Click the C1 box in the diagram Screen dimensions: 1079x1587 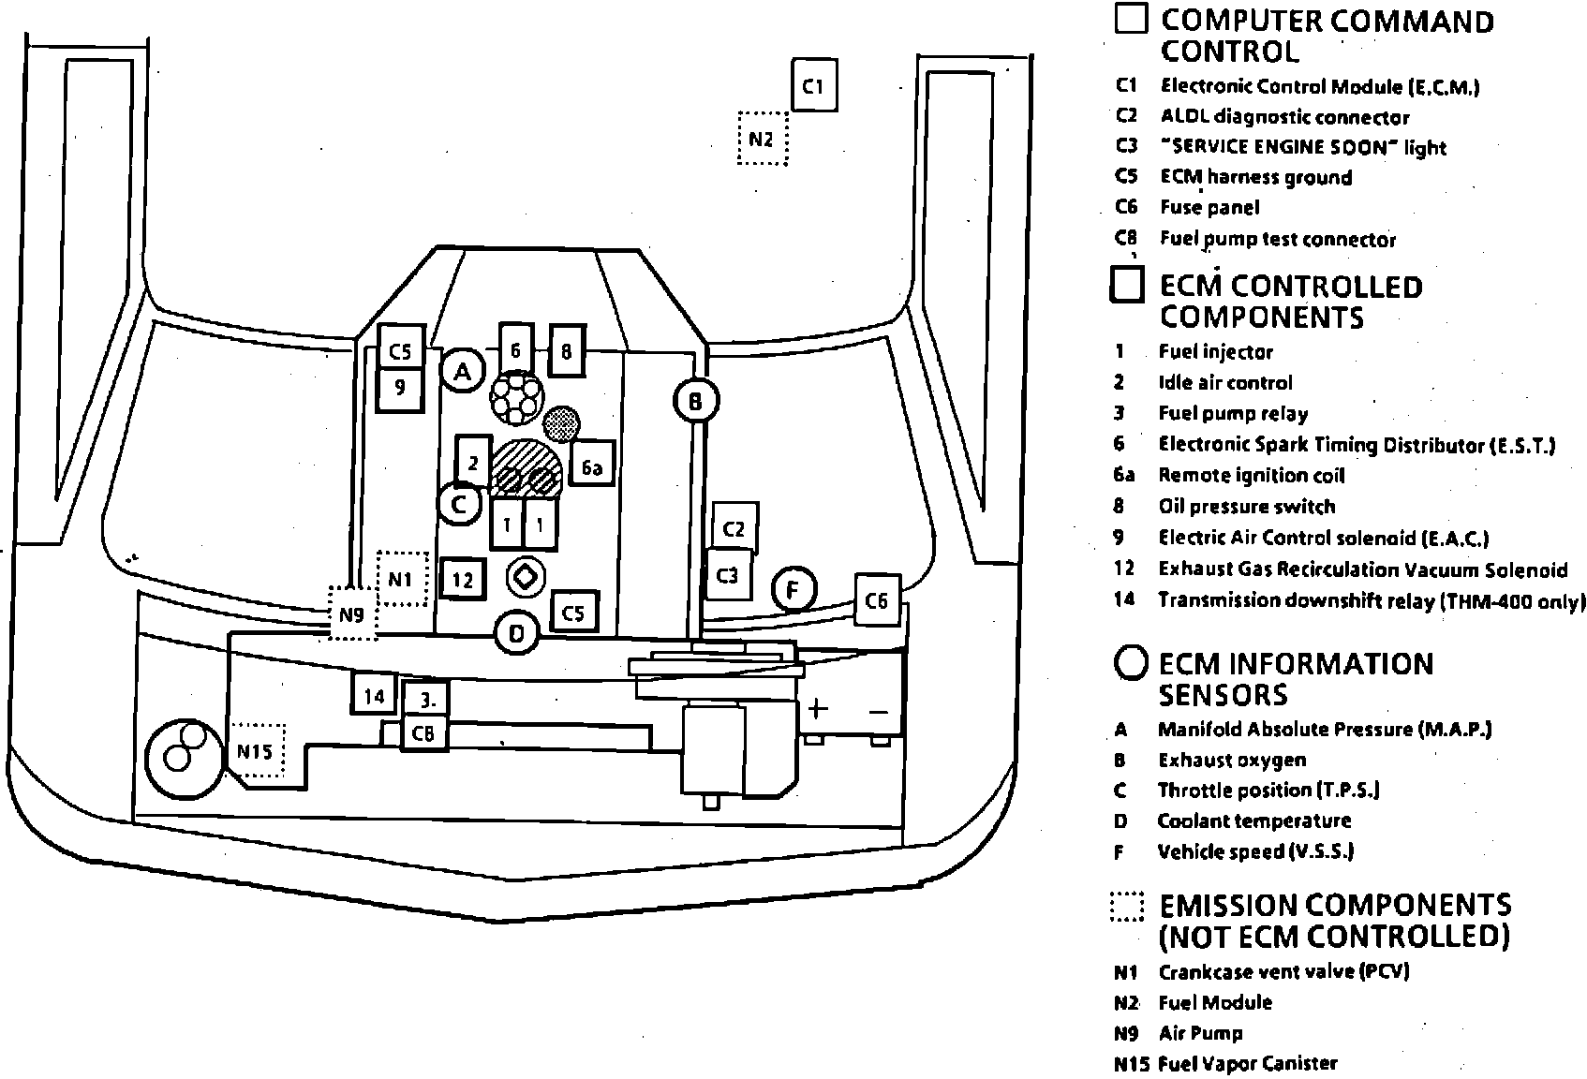813,85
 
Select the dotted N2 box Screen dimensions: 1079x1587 762,139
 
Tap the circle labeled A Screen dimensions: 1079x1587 462,371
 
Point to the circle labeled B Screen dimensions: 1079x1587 696,401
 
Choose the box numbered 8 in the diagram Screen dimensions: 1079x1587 566,350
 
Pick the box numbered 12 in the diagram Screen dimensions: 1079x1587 463,580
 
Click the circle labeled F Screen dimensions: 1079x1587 794,590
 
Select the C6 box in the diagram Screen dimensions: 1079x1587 877,599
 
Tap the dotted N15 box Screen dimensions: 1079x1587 256,750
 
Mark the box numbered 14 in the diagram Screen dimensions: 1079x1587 374,695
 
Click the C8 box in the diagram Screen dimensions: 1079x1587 423,733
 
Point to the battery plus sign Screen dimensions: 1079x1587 818,709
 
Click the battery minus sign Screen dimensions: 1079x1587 878,711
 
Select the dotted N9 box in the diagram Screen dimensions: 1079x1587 351,614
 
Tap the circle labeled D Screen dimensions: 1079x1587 516,634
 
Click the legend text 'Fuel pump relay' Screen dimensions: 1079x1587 1233,413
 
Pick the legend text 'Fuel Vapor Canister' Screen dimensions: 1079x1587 1248,1063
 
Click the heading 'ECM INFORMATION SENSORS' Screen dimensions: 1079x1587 1296,679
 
